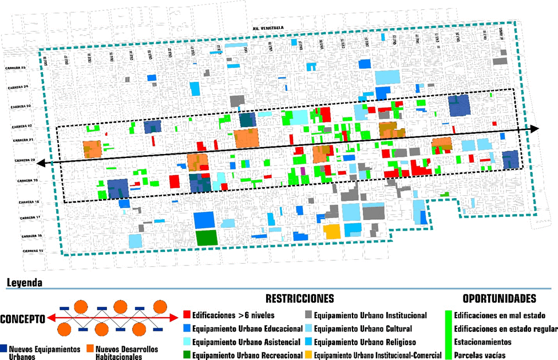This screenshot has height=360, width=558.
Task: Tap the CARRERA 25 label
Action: [x=15, y=68]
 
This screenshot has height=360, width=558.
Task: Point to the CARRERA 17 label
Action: [x=31, y=218]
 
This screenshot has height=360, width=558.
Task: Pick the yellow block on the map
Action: [x=332, y=232]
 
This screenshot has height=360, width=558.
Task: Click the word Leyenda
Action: [x=23, y=283]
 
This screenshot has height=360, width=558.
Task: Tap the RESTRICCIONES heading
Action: [x=299, y=299]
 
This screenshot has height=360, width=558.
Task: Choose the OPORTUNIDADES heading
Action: [x=499, y=299]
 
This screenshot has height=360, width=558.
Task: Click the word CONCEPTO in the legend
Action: [x=23, y=318]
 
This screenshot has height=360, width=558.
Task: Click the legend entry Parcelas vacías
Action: [x=479, y=355]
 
